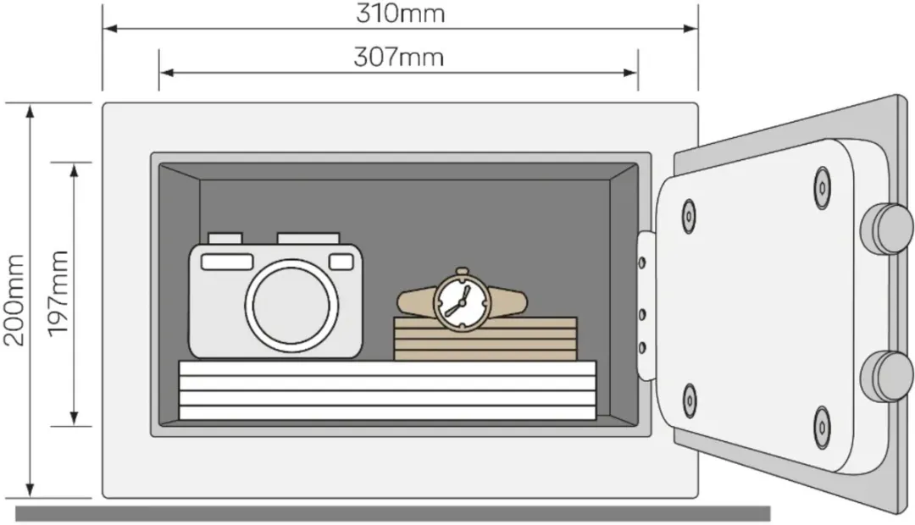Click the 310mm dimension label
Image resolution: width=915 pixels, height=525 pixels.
400,13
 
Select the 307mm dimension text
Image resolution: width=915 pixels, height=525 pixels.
398,58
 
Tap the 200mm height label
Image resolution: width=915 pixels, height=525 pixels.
14,300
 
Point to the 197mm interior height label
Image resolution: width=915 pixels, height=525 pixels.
58,294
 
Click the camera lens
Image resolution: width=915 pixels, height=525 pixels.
291,306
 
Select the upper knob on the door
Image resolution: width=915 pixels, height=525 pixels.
887,229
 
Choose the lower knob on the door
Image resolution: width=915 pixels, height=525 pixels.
887,376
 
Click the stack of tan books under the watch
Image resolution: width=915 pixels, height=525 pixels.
485,339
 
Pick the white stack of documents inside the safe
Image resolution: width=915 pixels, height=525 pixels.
387,390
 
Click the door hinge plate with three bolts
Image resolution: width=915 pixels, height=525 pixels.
646,307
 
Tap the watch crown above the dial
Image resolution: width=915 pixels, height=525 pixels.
463,271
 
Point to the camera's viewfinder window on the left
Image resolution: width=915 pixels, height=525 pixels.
227,262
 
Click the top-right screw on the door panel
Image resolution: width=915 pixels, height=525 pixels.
822,188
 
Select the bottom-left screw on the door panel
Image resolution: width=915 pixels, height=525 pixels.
690,401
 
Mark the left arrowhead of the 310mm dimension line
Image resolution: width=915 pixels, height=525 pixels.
109,28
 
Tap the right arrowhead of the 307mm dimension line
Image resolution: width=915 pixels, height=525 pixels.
631,73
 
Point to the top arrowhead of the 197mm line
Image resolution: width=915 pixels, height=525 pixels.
74,170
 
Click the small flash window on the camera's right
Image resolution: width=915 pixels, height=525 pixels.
341,262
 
